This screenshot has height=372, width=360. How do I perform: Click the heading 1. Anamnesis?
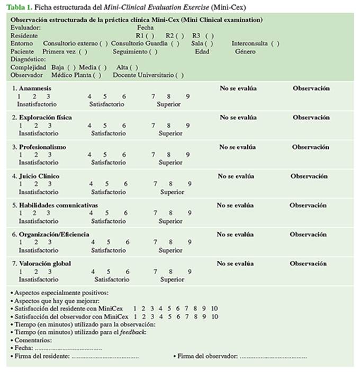click(32, 88)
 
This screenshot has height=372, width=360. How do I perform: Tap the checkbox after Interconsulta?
click(275, 43)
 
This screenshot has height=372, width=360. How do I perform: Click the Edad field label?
click(202, 51)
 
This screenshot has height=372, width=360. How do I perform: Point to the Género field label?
click(245, 51)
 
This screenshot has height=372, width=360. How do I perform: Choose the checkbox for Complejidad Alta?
click(134, 67)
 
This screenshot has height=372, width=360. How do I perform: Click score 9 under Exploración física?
click(187, 125)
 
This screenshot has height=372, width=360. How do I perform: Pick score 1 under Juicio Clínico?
click(20, 184)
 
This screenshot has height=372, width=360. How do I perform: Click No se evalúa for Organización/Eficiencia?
click(235, 234)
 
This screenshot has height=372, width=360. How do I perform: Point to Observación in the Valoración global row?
click(308, 264)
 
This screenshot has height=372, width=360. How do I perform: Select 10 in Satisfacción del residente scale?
click(214, 309)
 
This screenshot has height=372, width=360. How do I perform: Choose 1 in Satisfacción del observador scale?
click(135, 316)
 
